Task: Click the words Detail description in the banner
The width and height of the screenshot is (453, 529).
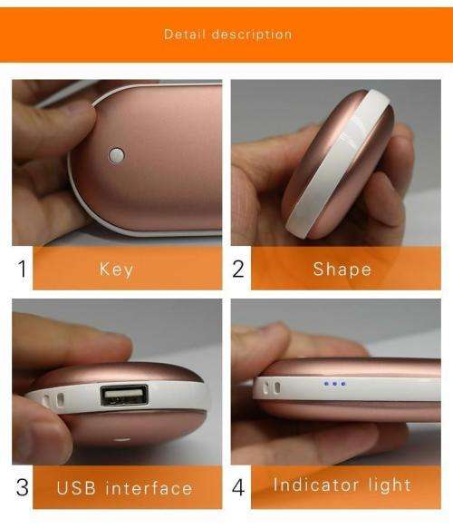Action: (x=227, y=34)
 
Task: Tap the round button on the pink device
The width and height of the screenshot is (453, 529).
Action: (x=115, y=154)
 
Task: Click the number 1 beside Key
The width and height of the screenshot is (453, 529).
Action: (x=22, y=269)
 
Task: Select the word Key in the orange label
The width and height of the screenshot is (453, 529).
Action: (x=116, y=269)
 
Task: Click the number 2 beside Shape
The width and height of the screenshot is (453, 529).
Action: (x=239, y=269)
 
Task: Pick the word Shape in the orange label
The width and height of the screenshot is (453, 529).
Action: (x=342, y=269)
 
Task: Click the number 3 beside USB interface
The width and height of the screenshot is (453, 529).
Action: (x=22, y=487)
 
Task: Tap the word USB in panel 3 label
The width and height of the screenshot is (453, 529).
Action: (x=77, y=488)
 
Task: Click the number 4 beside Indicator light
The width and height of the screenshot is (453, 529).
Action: (x=239, y=487)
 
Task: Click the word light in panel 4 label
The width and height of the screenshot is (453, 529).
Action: (x=389, y=485)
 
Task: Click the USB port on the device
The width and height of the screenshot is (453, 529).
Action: (x=124, y=395)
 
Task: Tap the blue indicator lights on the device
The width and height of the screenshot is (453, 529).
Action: (x=334, y=384)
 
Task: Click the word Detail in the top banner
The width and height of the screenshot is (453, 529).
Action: (x=184, y=34)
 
